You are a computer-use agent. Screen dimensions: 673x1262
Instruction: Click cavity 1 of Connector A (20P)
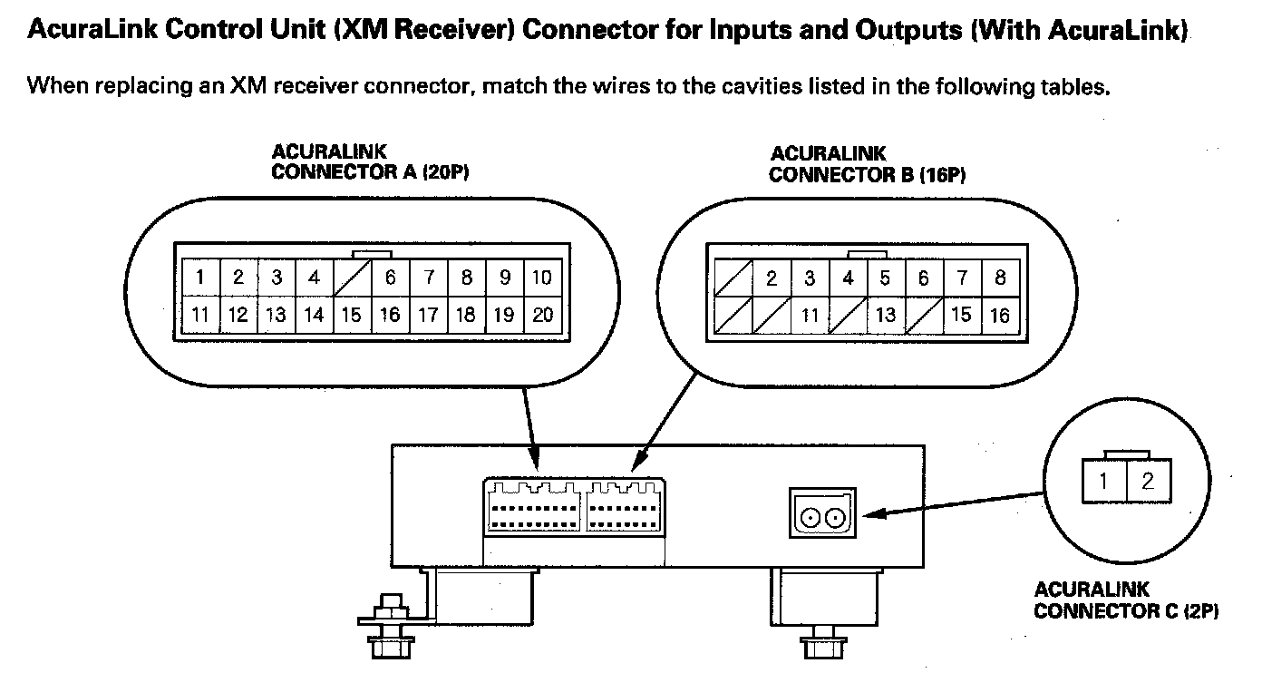[199, 278]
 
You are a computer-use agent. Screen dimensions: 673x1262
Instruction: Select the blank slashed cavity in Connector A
[353, 278]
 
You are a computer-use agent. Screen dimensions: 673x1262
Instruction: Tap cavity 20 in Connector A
[542, 316]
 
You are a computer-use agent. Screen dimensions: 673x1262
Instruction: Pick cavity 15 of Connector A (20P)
[352, 316]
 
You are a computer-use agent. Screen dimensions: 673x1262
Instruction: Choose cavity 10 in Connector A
[541, 278]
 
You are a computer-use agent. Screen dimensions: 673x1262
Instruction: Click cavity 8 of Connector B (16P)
[1000, 278]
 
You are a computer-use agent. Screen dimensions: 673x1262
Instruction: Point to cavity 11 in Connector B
[810, 316]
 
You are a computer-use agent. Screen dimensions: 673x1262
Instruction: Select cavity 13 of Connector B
[886, 316]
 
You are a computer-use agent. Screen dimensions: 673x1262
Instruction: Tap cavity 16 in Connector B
[1000, 316]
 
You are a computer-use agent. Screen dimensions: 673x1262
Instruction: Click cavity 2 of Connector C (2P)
[1149, 481]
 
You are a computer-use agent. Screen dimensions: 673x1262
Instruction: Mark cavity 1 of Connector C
[1103, 481]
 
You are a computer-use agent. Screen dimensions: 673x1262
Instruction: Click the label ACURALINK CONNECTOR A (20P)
[370, 162]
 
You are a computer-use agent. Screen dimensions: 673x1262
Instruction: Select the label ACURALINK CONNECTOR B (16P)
[867, 165]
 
